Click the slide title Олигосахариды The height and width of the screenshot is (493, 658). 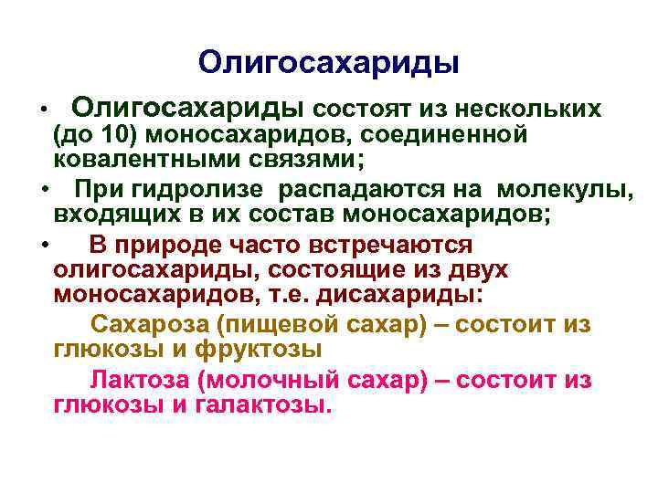(328, 62)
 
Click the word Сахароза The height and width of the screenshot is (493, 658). (148, 325)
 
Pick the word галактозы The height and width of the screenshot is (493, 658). (263, 404)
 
